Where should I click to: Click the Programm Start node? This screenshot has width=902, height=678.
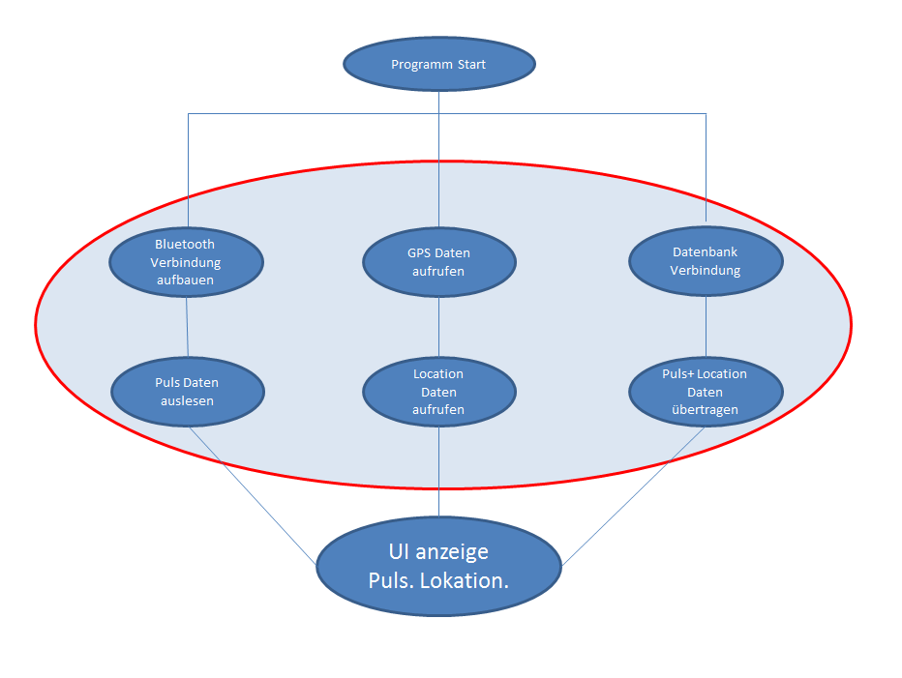(x=439, y=64)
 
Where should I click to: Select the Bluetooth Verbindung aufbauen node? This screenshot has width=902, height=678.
(x=186, y=262)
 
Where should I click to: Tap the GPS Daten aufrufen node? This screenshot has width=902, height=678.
(x=439, y=262)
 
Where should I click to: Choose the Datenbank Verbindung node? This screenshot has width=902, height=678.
(x=706, y=261)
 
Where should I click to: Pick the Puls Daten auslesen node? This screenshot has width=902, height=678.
(x=188, y=392)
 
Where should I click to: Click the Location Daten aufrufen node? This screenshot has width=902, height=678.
(x=439, y=392)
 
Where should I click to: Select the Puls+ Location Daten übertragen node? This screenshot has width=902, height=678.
(x=706, y=392)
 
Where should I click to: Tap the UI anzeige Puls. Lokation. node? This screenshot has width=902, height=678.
(x=439, y=568)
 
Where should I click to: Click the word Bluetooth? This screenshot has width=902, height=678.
(x=185, y=244)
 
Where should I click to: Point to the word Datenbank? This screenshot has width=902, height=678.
(x=706, y=251)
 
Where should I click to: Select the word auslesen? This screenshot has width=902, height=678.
(x=187, y=400)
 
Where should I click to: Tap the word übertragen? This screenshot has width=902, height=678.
(x=706, y=410)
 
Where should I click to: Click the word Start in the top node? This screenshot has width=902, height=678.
(x=469, y=65)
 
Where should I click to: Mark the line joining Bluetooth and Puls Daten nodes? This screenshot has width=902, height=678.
(x=187, y=327)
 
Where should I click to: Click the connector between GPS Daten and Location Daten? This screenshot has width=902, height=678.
(x=439, y=327)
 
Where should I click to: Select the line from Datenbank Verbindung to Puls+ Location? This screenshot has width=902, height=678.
(x=706, y=327)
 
